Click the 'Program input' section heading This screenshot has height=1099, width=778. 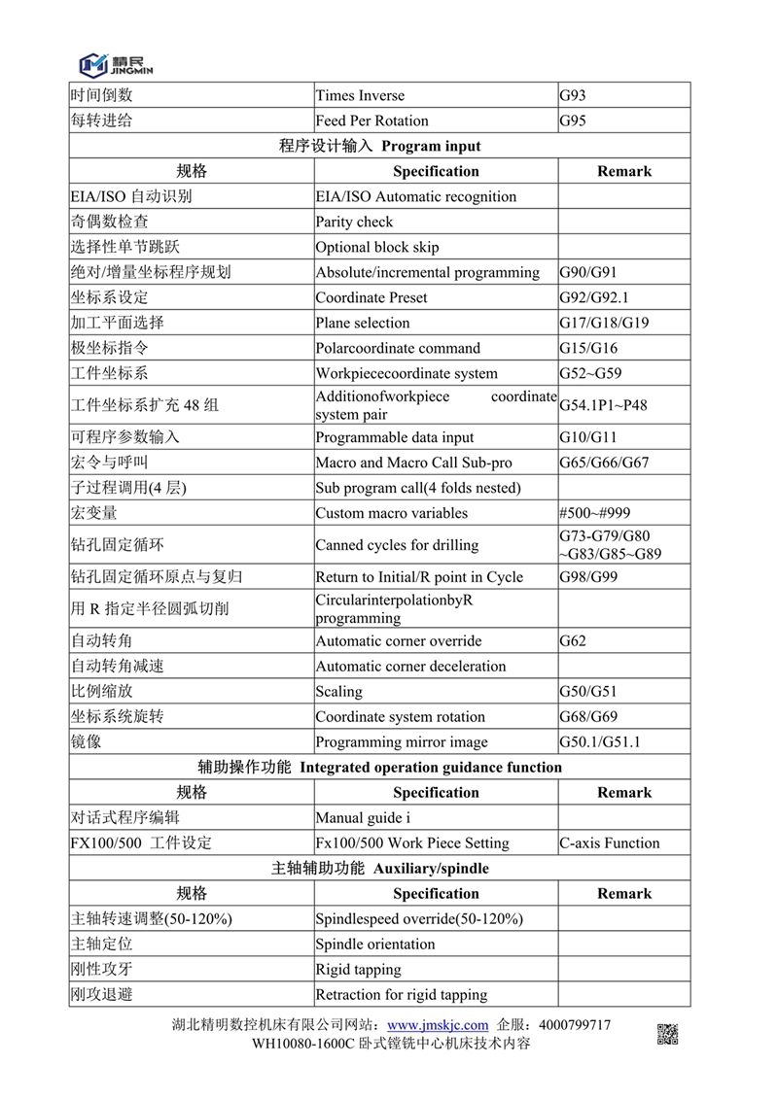point(379,146)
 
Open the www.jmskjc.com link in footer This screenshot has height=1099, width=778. point(438,1025)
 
